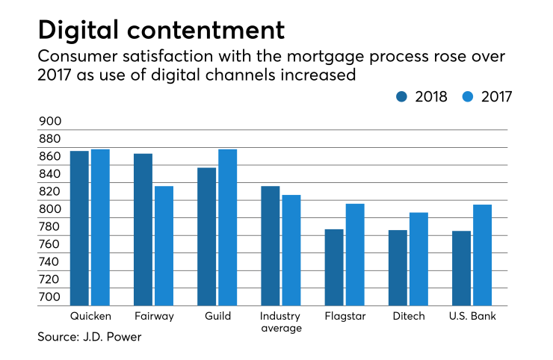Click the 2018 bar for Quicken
click(79, 228)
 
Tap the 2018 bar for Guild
click(207, 236)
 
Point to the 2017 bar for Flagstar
click(355, 254)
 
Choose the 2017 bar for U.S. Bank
click(483, 255)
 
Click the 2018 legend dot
click(402, 96)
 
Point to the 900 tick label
click(49, 122)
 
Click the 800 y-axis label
click(49, 210)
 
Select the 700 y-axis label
click(49, 297)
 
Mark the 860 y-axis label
click(49, 157)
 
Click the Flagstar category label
click(345, 317)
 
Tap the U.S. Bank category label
click(473, 317)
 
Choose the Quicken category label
click(90, 317)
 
